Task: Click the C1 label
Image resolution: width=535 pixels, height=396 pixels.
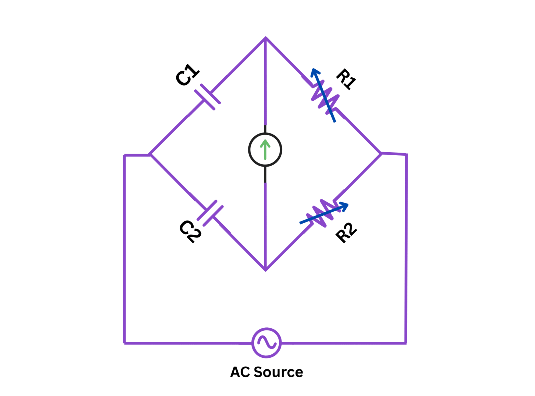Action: tap(187, 75)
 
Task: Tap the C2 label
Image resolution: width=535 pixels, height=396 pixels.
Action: tap(190, 231)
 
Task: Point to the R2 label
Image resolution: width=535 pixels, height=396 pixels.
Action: tap(346, 233)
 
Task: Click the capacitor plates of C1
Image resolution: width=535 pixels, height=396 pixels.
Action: tap(207, 97)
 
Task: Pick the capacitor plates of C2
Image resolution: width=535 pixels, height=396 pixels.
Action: tap(210, 213)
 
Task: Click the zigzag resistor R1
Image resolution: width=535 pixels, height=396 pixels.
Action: tap(324, 97)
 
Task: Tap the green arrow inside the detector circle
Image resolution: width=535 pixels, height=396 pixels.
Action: tap(265, 149)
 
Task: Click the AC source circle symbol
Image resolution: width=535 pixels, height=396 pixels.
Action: tap(266, 343)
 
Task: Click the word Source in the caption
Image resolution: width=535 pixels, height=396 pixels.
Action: tap(278, 372)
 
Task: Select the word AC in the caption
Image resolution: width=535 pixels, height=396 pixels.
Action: tap(240, 372)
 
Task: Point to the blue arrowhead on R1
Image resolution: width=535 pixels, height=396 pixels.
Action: tap(315, 72)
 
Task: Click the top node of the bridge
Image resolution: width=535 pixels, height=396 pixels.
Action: tap(265, 38)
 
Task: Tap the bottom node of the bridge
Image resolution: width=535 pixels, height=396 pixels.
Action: tap(265, 270)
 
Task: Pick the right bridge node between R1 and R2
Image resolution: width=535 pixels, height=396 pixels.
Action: tap(381, 153)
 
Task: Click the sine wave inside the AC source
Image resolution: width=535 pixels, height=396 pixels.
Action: tap(267, 342)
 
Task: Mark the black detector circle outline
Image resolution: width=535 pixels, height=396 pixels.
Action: tap(249, 150)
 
